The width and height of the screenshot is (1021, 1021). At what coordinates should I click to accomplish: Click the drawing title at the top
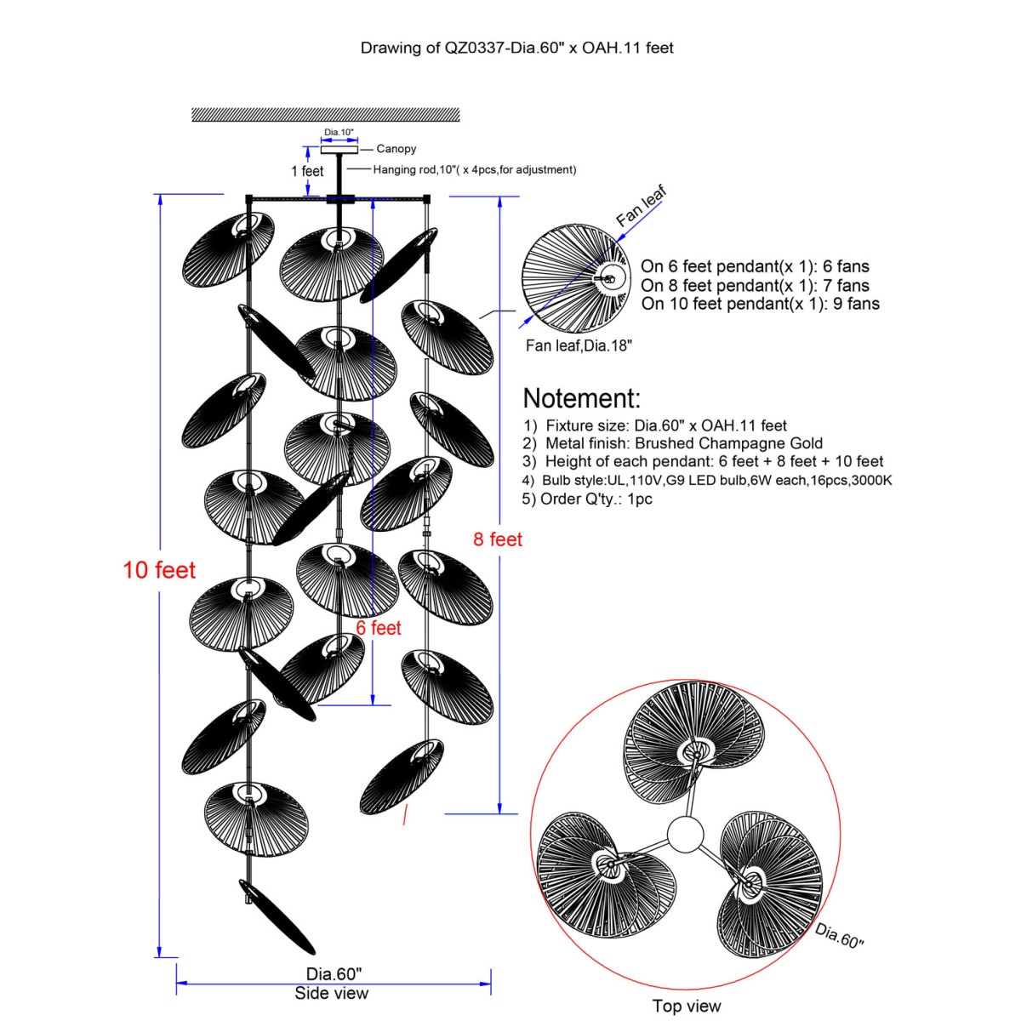pyautogui.click(x=516, y=48)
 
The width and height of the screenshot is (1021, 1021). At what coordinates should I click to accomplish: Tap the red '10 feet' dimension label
pyautogui.click(x=159, y=570)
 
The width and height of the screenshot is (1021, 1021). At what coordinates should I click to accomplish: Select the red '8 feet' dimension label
pyautogui.click(x=498, y=539)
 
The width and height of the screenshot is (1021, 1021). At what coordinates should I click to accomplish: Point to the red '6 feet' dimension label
pyautogui.click(x=378, y=628)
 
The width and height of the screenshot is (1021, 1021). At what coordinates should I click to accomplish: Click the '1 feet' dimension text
pyautogui.click(x=307, y=171)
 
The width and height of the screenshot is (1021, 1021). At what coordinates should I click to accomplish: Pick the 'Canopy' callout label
pyautogui.click(x=396, y=149)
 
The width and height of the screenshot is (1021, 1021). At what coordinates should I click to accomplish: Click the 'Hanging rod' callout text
pyautogui.click(x=474, y=169)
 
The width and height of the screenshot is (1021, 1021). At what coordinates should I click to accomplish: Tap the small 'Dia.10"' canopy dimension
pyautogui.click(x=339, y=133)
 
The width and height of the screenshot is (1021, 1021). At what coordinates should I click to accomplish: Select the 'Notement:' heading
pyautogui.click(x=582, y=398)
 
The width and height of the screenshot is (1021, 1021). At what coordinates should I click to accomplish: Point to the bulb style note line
pyautogui.click(x=707, y=480)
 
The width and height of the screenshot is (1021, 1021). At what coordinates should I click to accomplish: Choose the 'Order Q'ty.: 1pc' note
pyautogui.click(x=587, y=499)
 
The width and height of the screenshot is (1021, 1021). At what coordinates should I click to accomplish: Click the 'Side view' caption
pyautogui.click(x=332, y=993)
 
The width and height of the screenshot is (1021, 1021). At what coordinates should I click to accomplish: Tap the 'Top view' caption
pyautogui.click(x=687, y=1006)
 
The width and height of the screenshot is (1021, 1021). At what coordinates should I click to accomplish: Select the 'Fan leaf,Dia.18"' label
pyautogui.click(x=579, y=345)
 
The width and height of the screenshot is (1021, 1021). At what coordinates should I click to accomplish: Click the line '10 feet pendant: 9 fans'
pyautogui.click(x=761, y=304)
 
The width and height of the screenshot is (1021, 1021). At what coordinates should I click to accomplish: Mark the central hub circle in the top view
pyautogui.click(x=685, y=835)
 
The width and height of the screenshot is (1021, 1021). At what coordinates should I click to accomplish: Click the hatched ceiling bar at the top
pyautogui.click(x=325, y=115)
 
